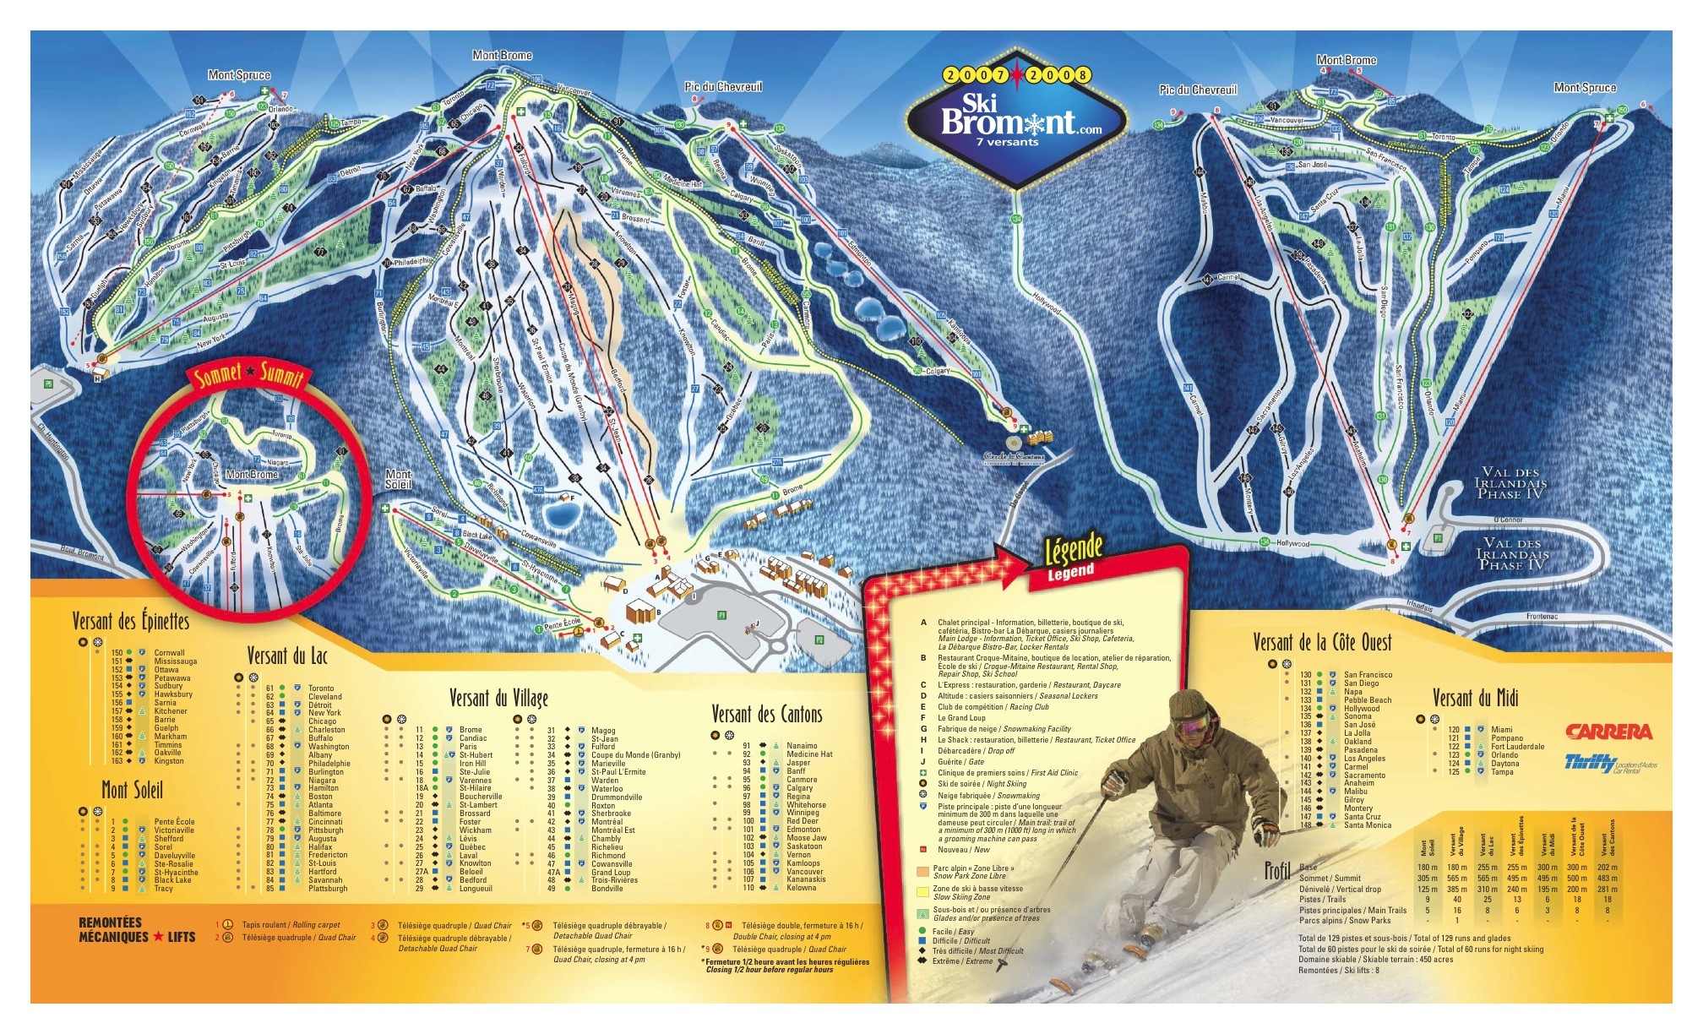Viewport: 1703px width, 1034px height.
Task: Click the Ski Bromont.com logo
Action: pyautogui.click(x=1015, y=124)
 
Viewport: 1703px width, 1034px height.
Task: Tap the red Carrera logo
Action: pyautogui.click(x=1608, y=732)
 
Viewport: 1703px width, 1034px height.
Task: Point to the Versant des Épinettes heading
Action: pyautogui.click(x=130, y=621)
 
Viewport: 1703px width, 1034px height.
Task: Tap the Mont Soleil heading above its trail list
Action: pyautogui.click(x=132, y=790)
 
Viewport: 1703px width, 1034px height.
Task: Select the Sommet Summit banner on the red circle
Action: pyautogui.click(x=248, y=374)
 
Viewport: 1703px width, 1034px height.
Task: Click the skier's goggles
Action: pyautogui.click(x=1191, y=727)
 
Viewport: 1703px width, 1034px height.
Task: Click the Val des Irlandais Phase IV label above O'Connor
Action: pyautogui.click(x=1511, y=483)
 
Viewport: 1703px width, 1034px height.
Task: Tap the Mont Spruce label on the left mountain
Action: pyautogui.click(x=239, y=75)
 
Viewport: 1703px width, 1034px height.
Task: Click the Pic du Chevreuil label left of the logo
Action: pyautogui.click(x=723, y=87)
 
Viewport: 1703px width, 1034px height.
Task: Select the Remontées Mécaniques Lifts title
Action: pyautogui.click(x=136, y=929)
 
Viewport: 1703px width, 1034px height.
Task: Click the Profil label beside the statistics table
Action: pyautogui.click(x=1276, y=870)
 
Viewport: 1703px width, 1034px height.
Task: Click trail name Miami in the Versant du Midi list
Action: pyautogui.click(x=1501, y=730)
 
